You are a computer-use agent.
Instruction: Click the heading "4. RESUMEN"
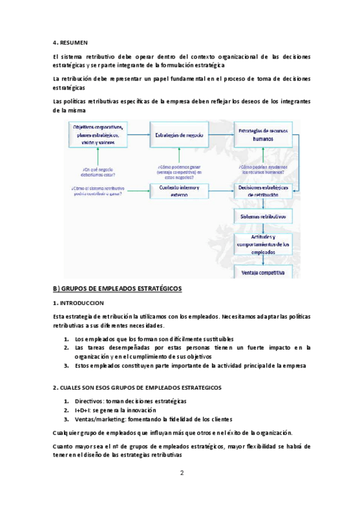70,42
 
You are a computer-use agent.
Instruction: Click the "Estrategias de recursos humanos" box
262,134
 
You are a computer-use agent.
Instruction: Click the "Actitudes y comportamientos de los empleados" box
262,244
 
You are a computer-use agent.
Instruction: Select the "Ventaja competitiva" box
262,273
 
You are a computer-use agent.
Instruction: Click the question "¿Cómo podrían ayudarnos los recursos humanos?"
263,168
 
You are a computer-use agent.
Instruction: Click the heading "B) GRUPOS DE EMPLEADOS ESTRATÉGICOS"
117,289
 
